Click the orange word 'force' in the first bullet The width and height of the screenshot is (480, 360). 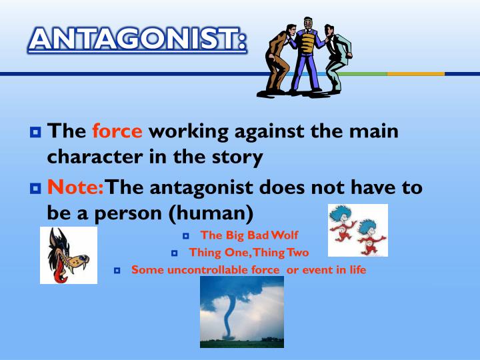coord(117,131)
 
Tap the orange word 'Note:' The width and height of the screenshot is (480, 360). coord(76,187)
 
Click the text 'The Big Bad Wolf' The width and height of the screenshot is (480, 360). coord(249,235)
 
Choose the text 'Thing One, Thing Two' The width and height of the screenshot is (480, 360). coord(249,252)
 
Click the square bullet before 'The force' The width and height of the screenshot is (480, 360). coord(35,132)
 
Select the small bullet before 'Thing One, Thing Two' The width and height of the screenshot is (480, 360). coord(175,253)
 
